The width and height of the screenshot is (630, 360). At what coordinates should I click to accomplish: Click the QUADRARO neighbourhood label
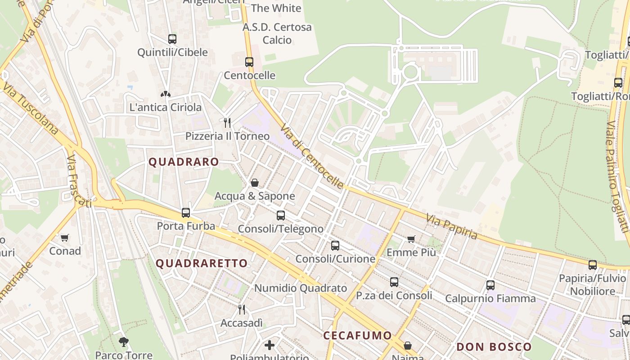click(x=184, y=162)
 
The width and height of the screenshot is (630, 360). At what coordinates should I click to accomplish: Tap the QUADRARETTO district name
click(x=202, y=264)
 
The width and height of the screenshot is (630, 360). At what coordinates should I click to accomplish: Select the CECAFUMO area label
click(x=357, y=336)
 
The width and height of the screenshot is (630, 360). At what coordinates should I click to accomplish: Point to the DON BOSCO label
click(x=494, y=347)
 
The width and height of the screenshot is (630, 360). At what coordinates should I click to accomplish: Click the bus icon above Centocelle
click(x=249, y=62)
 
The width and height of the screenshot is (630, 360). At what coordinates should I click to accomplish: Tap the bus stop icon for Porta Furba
click(x=186, y=213)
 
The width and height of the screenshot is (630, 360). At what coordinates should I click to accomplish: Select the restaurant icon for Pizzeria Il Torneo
click(x=227, y=122)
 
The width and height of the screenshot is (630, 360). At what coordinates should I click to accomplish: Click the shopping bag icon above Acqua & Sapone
click(x=254, y=183)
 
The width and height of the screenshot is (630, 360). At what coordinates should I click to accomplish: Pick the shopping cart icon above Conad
click(x=65, y=238)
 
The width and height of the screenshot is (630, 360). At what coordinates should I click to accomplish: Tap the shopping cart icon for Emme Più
click(x=411, y=239)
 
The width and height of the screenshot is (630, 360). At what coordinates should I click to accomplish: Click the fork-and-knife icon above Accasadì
click(x=242, y=310)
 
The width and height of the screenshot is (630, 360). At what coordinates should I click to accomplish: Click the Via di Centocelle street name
click(x=311, y=157)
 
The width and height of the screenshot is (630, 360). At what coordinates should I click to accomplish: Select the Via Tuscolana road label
click(x=30, y=108)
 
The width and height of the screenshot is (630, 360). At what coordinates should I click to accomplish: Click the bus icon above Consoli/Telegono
click(x=281, y=216)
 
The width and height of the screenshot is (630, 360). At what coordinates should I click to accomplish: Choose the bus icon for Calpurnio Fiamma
click(x=490, y=285)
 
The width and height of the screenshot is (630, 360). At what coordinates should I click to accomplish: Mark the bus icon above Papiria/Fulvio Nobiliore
click(x=593, y=265)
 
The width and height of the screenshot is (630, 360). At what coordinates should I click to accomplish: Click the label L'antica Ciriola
click(x=165, y=108)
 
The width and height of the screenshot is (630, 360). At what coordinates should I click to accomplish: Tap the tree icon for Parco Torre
click(x=124, y=342)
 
